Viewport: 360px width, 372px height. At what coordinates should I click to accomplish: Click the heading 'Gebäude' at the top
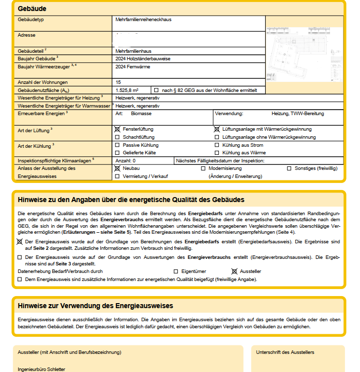(x=32, y=9)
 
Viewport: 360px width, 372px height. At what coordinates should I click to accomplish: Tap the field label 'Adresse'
(x=27, y=36)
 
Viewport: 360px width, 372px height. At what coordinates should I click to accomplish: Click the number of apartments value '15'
(x=118, y=82)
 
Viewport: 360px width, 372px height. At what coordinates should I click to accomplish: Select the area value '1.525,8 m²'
(x=127, y=90)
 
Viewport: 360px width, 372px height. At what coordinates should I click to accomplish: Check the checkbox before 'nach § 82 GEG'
(x=156, y=90)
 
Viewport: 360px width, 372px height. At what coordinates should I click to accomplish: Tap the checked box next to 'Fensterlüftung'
(x=117, y=129)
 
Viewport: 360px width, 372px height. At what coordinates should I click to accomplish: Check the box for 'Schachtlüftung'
(x=117, y=137)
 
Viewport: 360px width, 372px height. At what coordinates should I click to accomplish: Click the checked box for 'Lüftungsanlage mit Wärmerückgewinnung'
(x=217, y=129)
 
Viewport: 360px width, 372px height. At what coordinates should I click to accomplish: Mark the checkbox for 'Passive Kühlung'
(x=117, y=145)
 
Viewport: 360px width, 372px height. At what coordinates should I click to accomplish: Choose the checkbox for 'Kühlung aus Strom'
(x=217, y=145)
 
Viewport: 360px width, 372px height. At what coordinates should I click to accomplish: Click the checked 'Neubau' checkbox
(x=117, y=168)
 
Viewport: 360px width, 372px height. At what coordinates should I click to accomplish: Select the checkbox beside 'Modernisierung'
(x=203, y=168)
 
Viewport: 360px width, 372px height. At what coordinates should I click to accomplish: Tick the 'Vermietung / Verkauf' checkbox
(x=117, y=176)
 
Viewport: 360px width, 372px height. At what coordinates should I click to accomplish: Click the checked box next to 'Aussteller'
(x=234, y=271)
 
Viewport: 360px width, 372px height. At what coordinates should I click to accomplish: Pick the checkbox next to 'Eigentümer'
(x=176, y=271)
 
